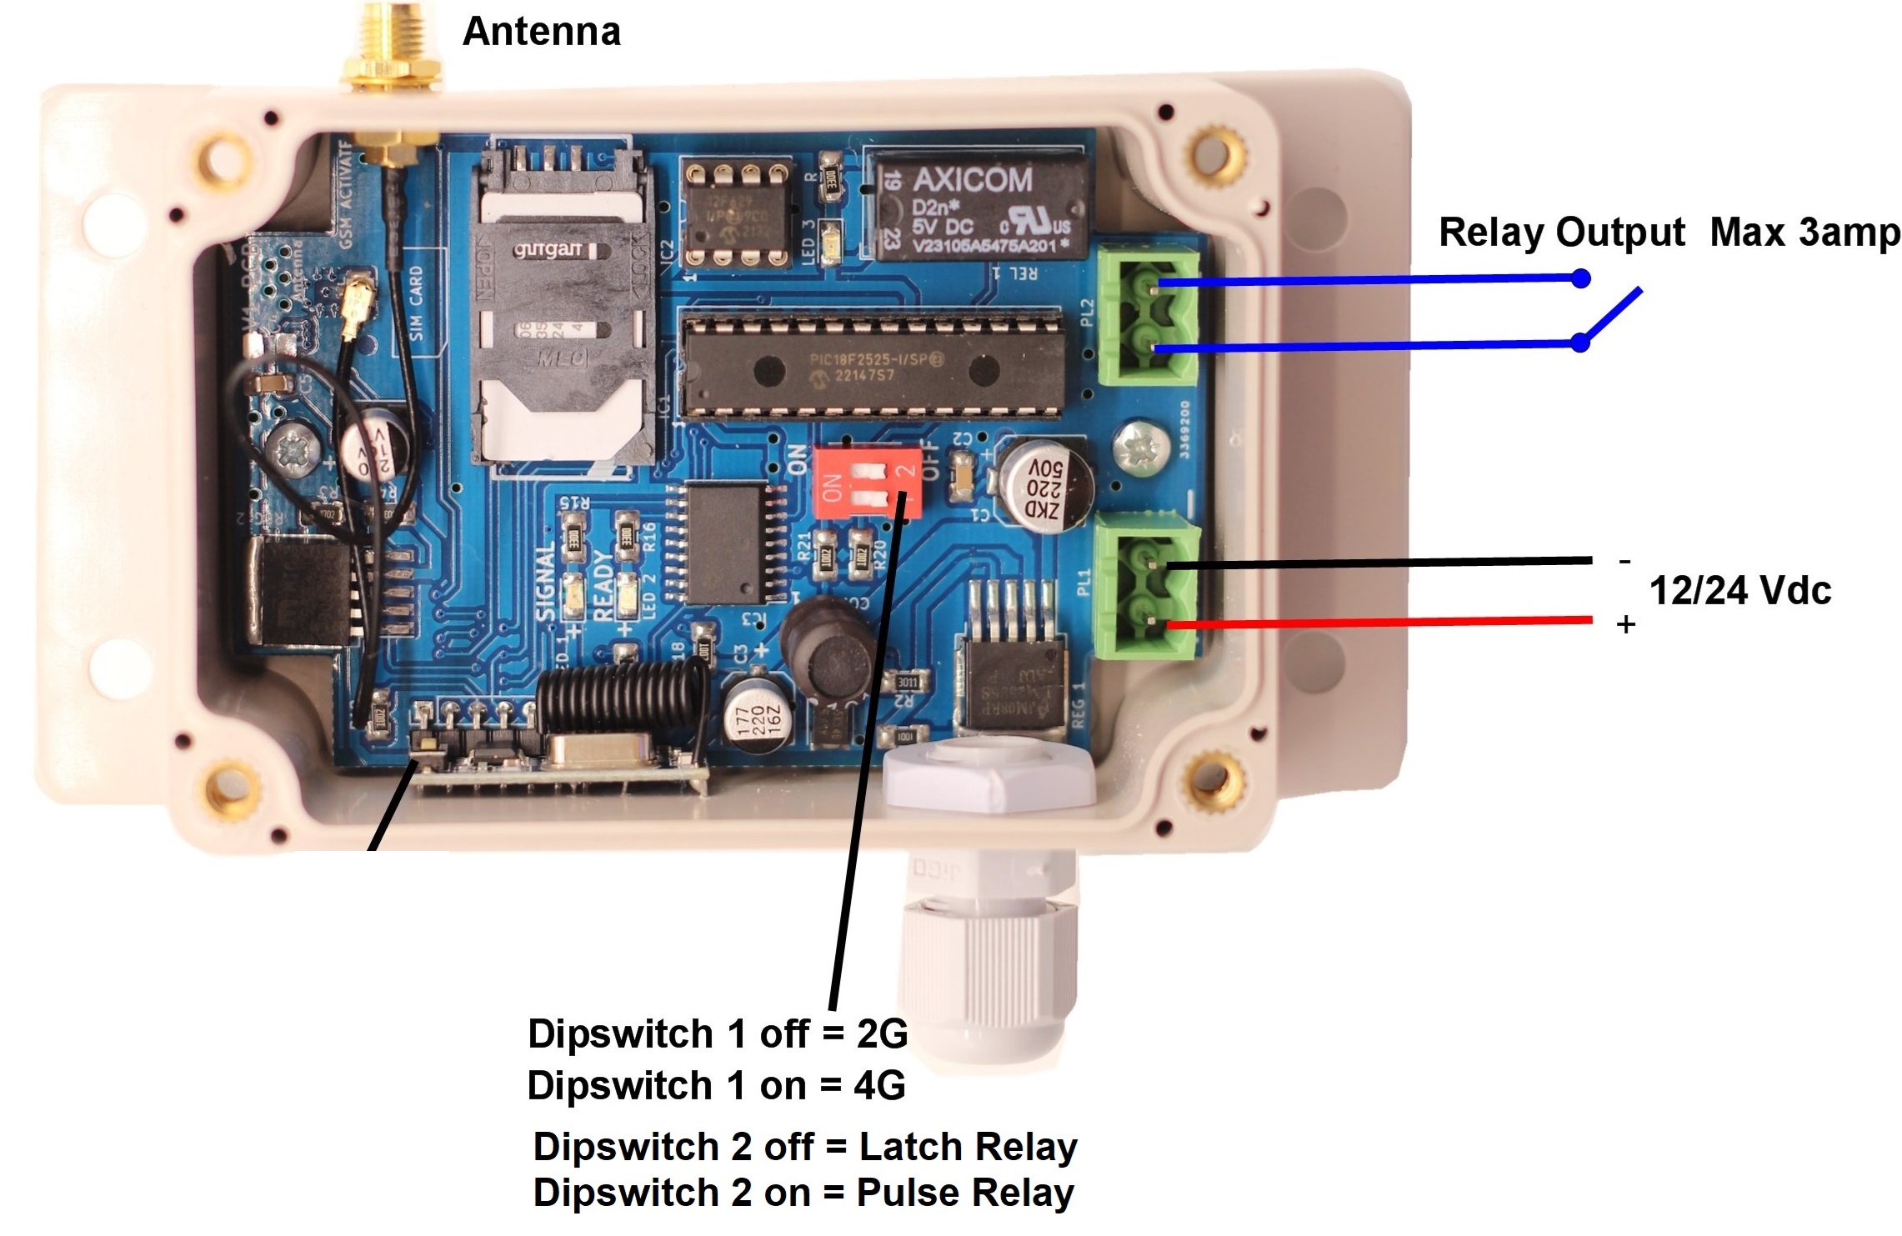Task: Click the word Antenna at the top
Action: [541, 32]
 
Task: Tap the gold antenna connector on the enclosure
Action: [390, 50]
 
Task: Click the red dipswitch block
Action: [867, 483]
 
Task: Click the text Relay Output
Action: [1561, 233]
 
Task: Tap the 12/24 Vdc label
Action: [1740, 591]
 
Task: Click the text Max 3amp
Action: [1804, 233]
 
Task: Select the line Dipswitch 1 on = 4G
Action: [716, 1086]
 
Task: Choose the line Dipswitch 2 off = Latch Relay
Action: [805, 1147]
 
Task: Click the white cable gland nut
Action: [988, 778]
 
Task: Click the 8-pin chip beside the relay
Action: [736, 216]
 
